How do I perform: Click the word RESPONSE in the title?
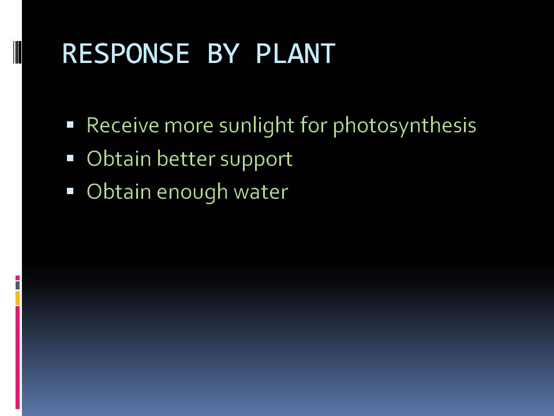point(126,53)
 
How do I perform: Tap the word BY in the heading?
point(223,53)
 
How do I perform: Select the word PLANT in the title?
point(295,53)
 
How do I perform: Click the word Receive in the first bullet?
point(122,125)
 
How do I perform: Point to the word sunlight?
point(256,125)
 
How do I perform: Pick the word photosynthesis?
point(405,125)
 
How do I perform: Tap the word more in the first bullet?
point(189,126)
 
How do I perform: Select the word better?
point(186,158)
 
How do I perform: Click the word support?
point(256,160)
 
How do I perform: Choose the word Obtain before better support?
point(119,158)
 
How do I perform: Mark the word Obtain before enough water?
point(119,192)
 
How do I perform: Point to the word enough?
point(192,193)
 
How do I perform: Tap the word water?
point(261,192)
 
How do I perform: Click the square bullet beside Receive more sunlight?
point(70,125)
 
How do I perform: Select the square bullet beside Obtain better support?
point(70,158)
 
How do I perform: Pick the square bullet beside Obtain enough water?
point(70,191)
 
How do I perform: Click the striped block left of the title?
point(17,53)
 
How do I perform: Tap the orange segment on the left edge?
point(17,298)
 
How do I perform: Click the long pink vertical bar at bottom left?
point(17,358)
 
